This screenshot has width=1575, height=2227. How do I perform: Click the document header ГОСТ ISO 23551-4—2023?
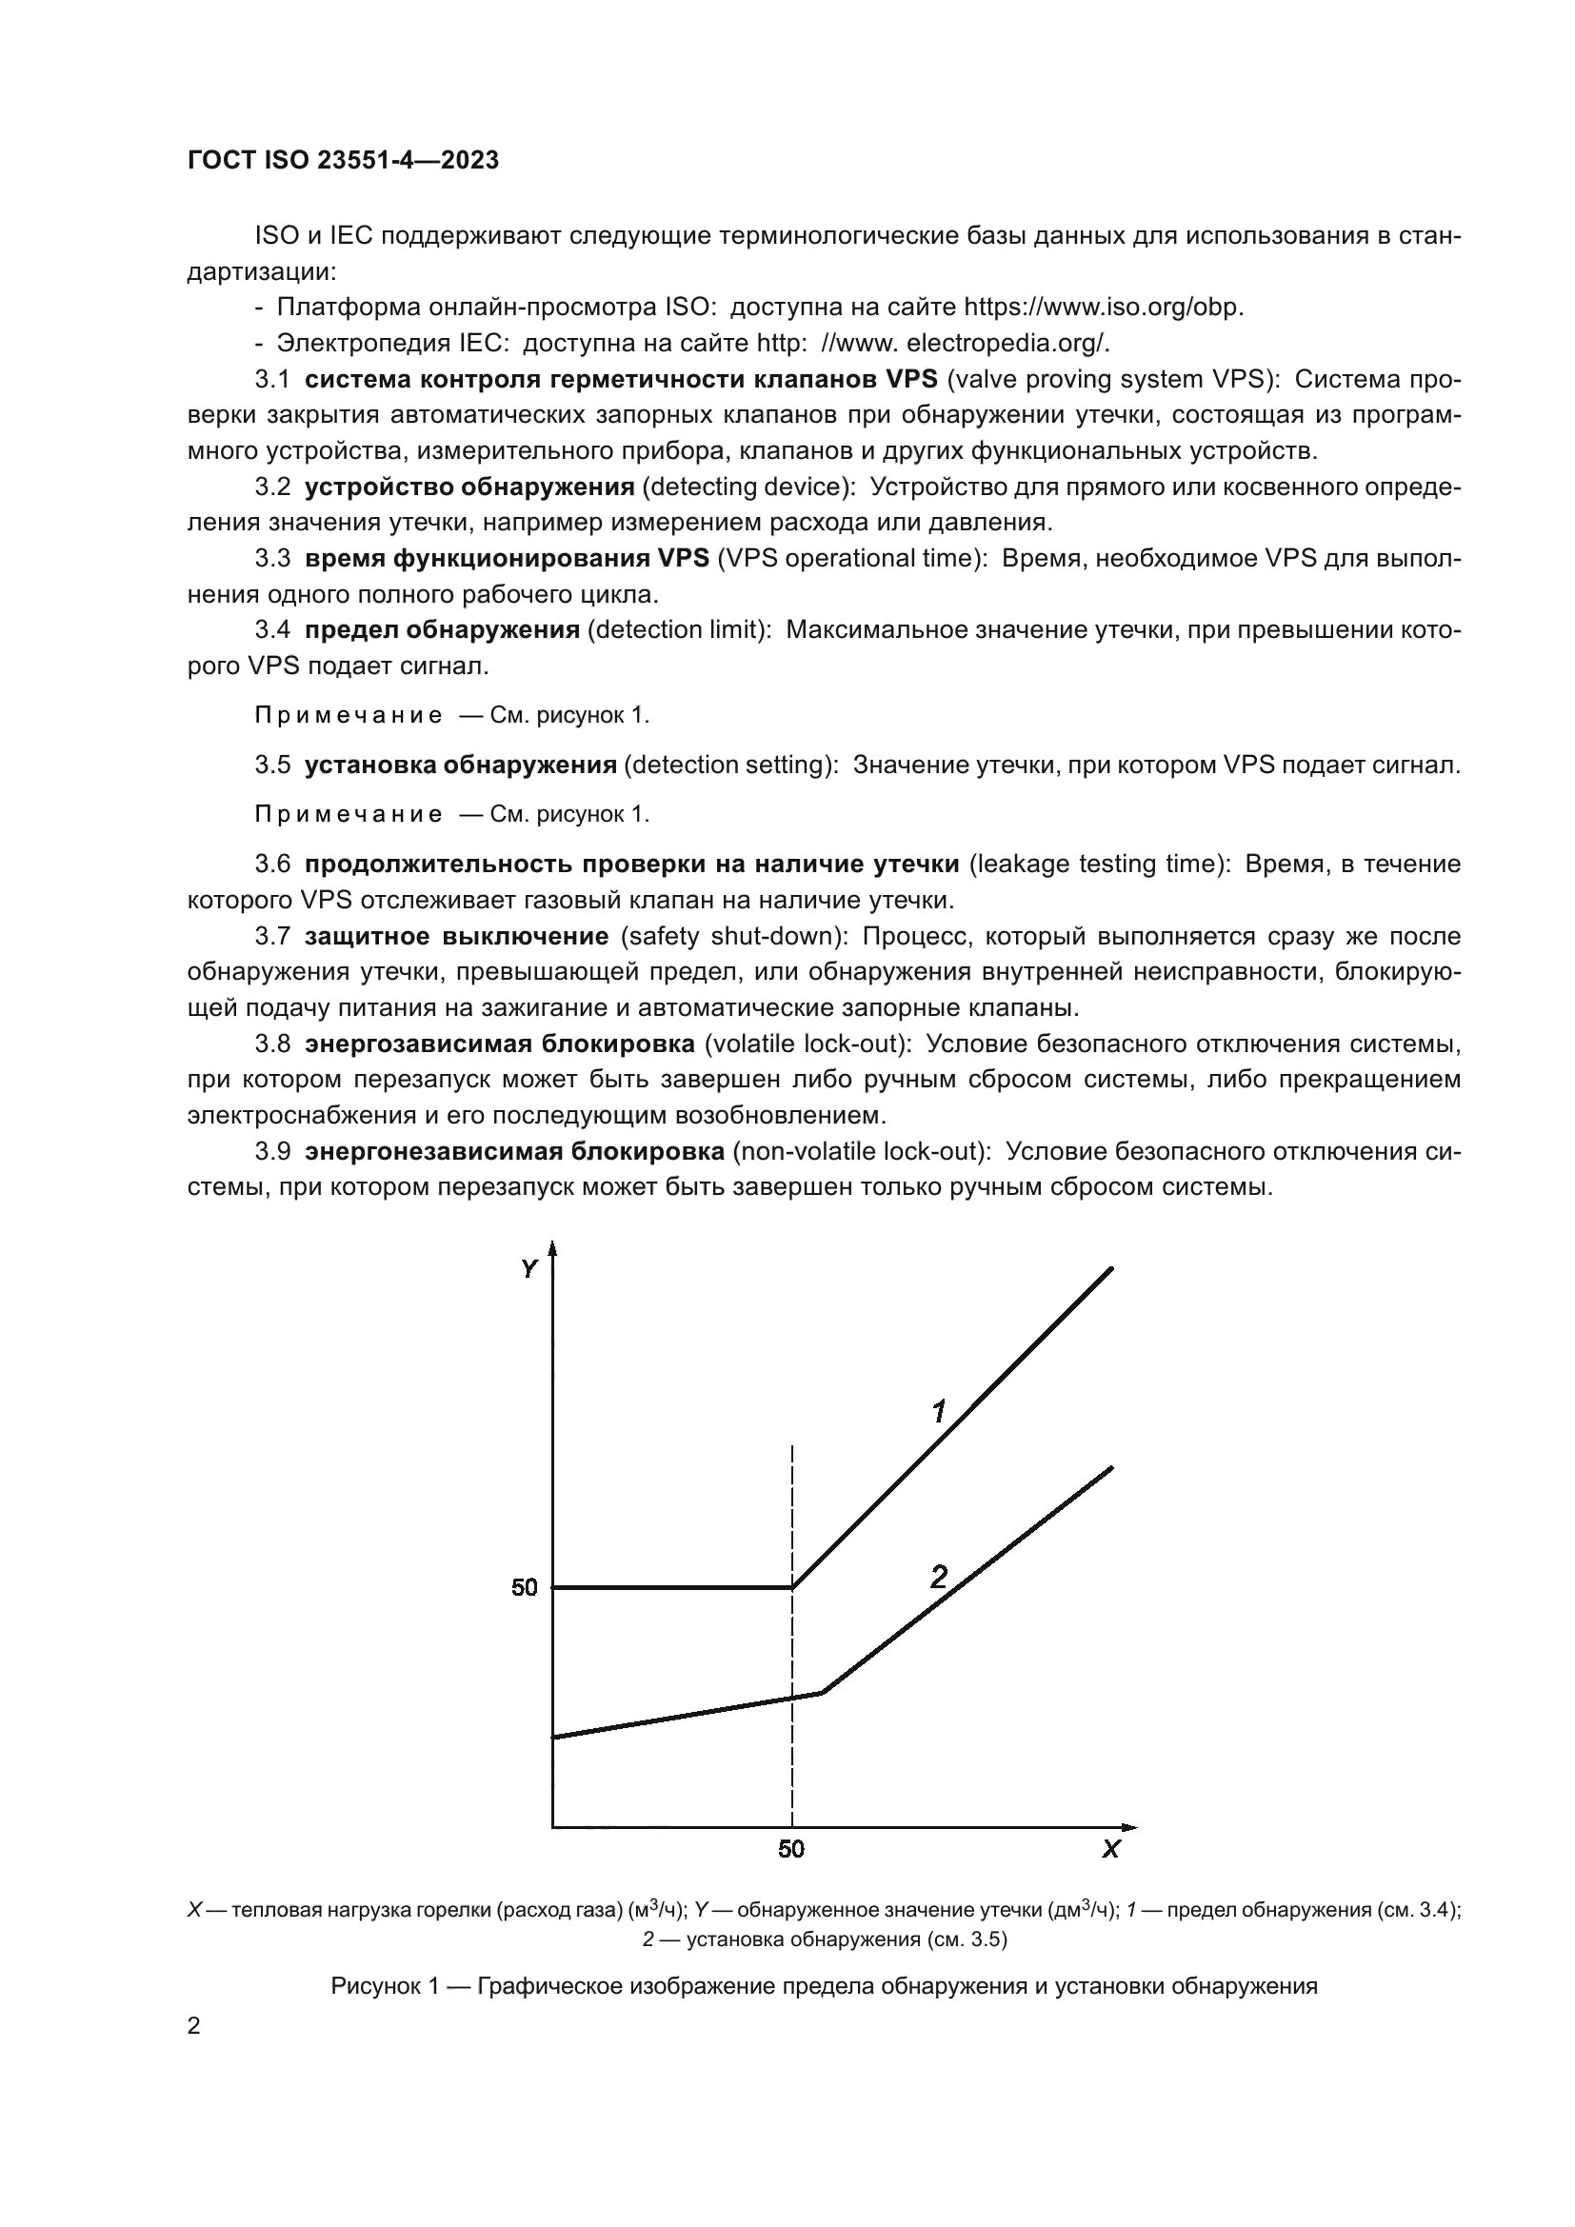click(x=343, y=160)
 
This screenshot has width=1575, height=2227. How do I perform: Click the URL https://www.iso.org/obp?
click(x=1103, y=308)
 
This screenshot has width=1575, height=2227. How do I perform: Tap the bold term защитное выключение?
click(x=456, y=937)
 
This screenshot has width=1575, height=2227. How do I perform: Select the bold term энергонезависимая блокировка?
click(x=514, y=1151)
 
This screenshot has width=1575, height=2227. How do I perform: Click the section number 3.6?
click(x=272, y=865)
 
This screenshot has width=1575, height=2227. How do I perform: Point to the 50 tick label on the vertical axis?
click(x=524, y=1588)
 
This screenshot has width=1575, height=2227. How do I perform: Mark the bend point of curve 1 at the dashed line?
click(x=793, y=1588)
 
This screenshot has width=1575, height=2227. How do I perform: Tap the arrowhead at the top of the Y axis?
click(x=553, y=1249)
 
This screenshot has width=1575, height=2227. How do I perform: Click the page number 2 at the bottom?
click(x=194, y=2026)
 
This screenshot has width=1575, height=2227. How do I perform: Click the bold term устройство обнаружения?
click(x=469, y=487)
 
